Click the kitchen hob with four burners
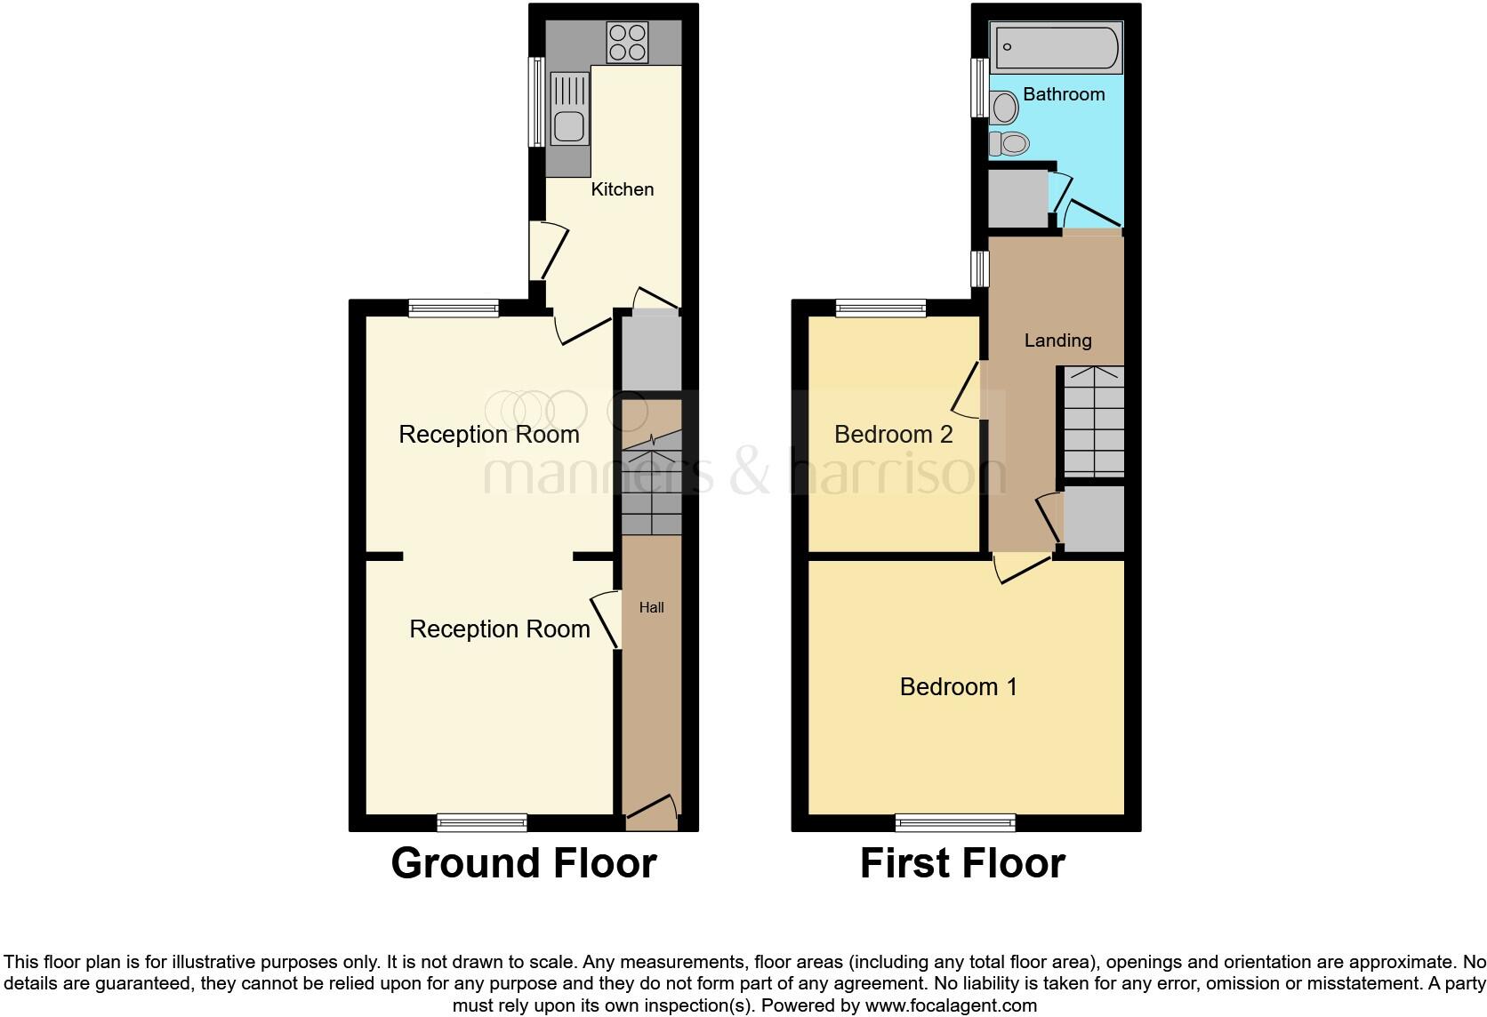[x=627, y=42]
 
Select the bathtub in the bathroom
[x=1057, y=47]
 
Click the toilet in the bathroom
[x=1010, y=142]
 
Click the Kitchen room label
[x=623, y=189]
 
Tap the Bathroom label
[x=1064, y=94]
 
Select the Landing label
[x=1057, y=340]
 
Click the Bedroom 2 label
[x=893, y=435]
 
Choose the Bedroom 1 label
[x=958, y=687]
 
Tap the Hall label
[x=652, y=608]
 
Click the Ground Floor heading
[x=524, y=863]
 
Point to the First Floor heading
[x=962, y=863]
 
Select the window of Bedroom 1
[x=955, y=822]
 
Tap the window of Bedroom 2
[x=880, y=308]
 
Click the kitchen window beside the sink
[x=536, y=101]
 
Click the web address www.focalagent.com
[x=952, y=1005]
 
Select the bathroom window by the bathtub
[x=978, y=87]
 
